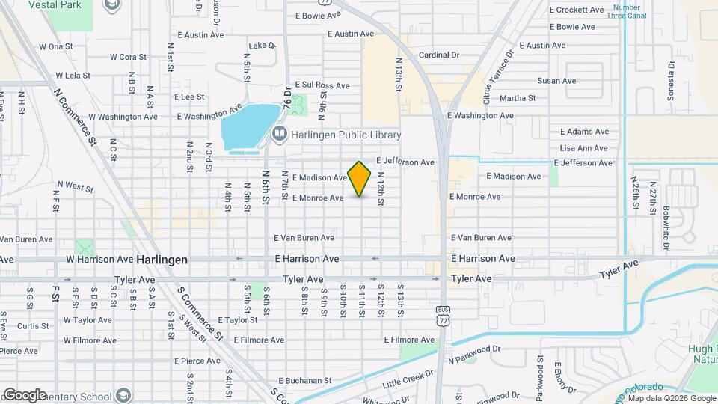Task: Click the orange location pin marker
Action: tap(359, 178)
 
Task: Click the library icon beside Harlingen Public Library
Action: tap(280, 135)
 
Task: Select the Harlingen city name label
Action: tap(162, 259)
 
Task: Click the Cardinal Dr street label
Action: tap(438, 55)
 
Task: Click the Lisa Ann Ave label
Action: tap(583, 148)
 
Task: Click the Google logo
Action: tap(24, 394)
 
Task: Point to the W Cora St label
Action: tap(127, 56)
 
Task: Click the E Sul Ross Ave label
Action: tap(322, 85)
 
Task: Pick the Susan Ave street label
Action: tap(553, 81)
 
